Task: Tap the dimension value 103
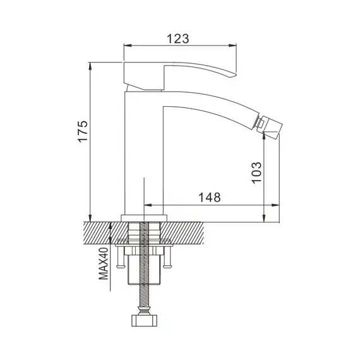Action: (x=255, y=171)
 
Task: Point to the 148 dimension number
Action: (x=209, y=197)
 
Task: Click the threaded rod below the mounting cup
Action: (x=147, y=297)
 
